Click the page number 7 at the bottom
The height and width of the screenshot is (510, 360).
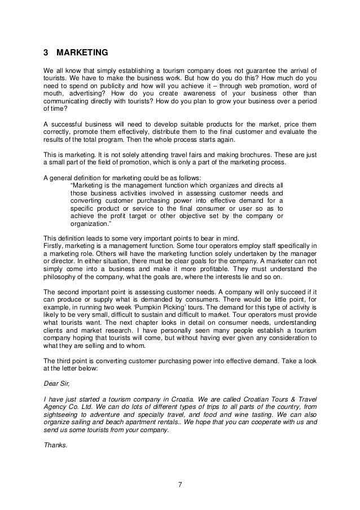point(180,483)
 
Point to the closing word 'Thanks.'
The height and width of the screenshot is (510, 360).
point(55,445)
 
